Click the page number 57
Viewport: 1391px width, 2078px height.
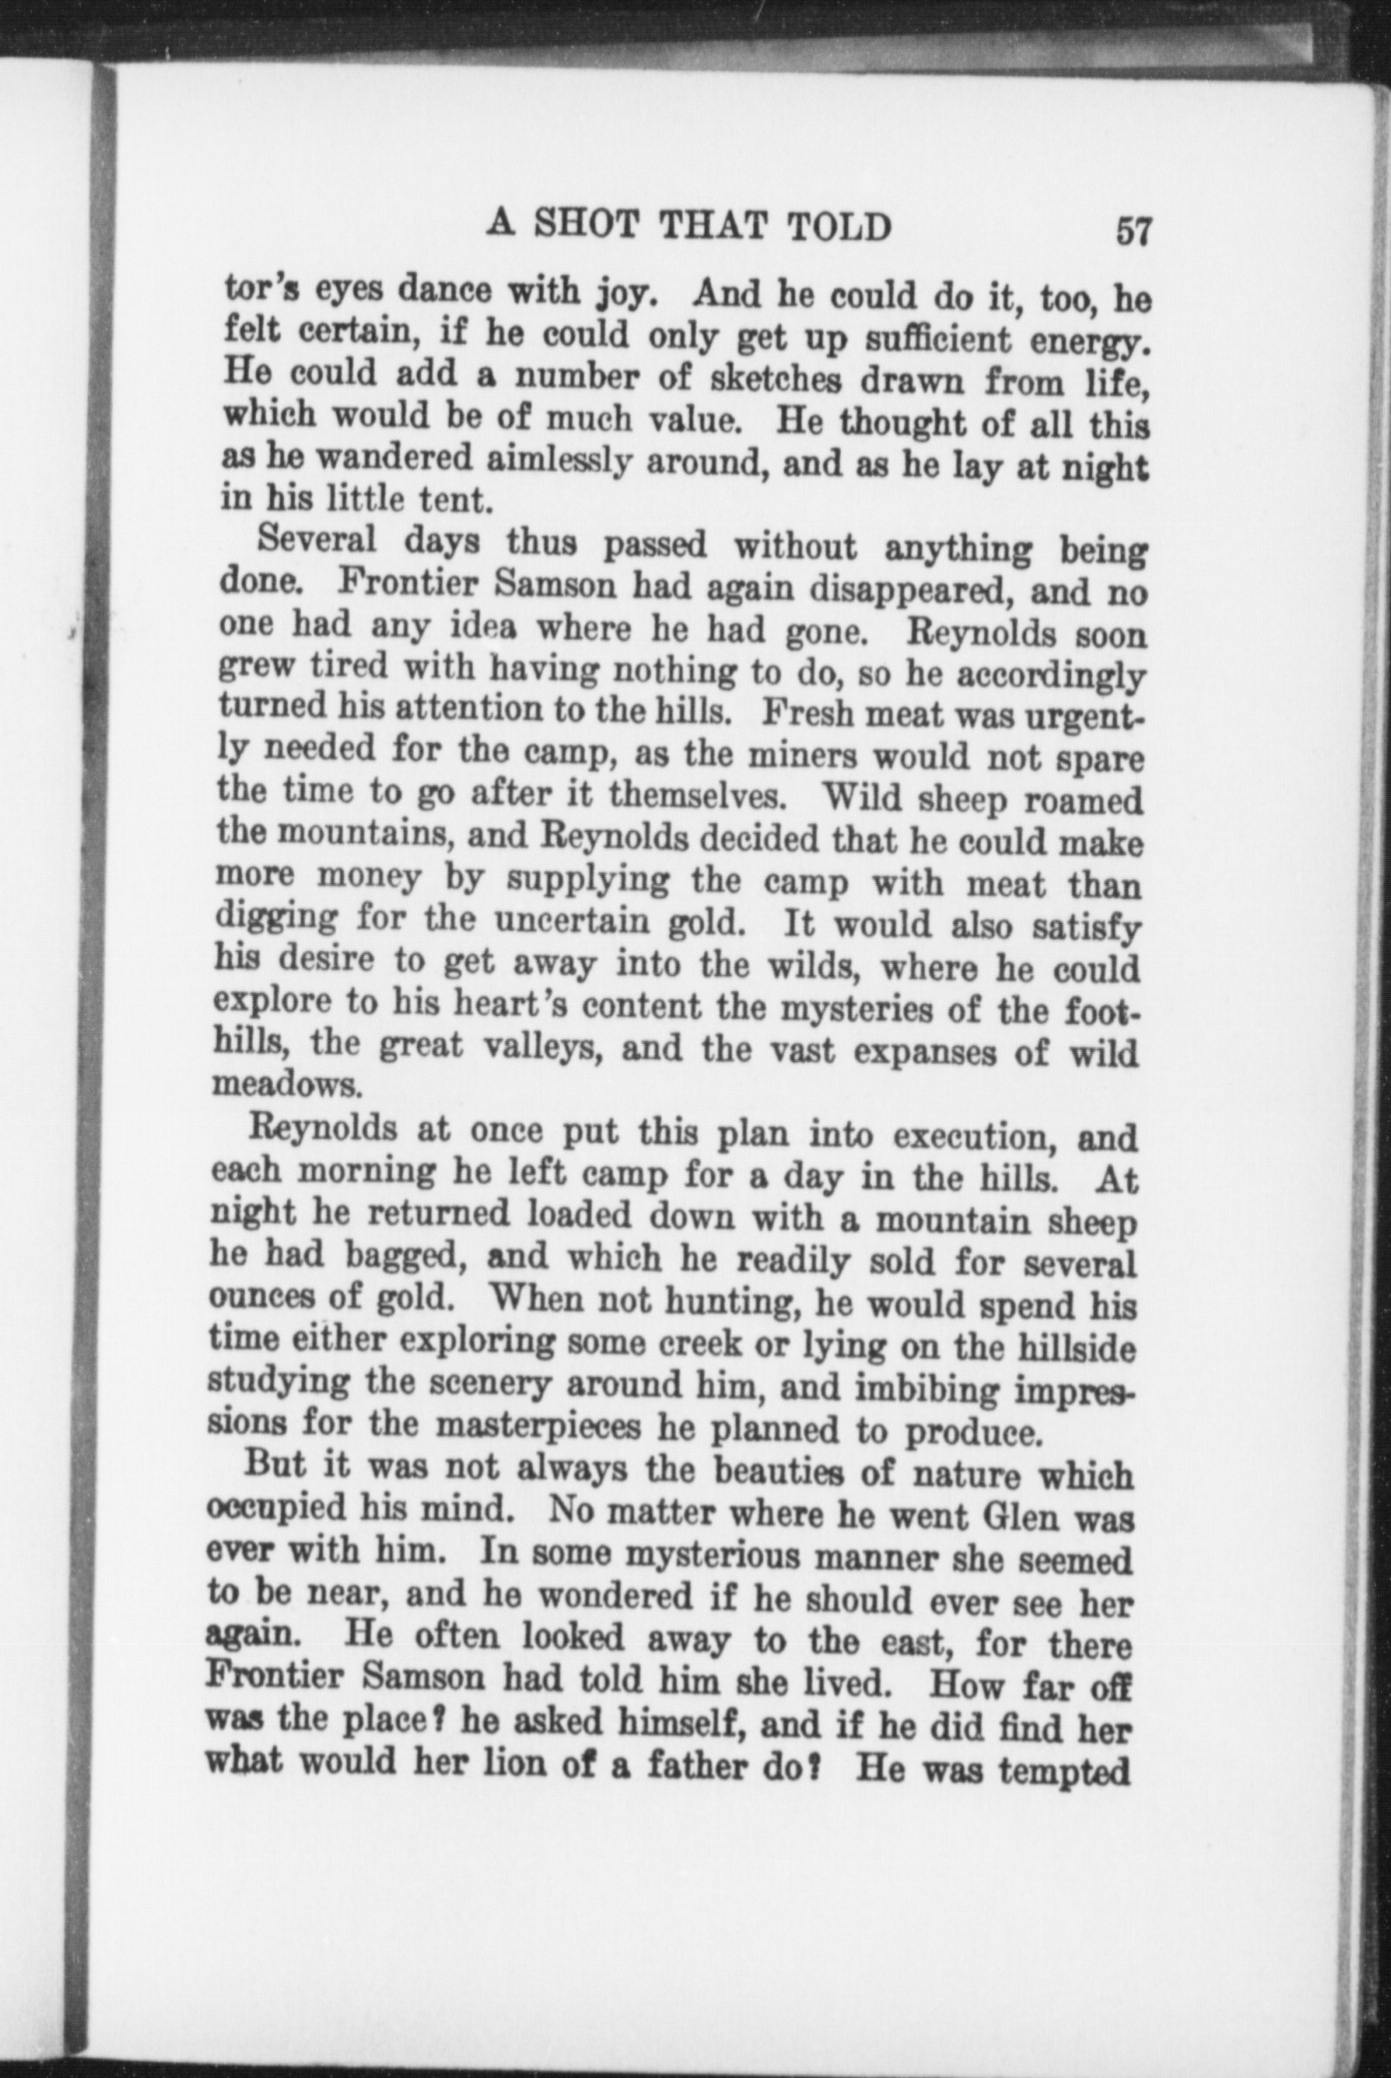click(1133, 231)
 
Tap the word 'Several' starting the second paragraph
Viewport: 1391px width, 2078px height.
click(317, 540)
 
